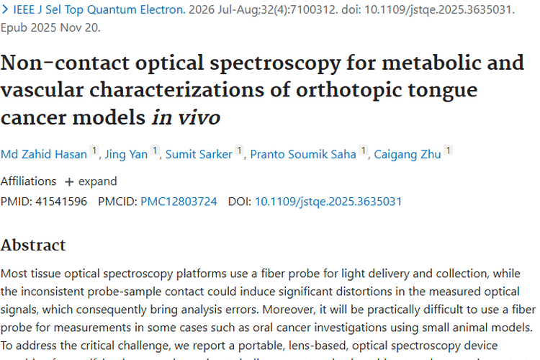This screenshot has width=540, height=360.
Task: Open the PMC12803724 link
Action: pyautogui.click(x=179, y=202)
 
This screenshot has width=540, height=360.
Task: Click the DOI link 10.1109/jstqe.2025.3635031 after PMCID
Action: pyautogui.click(x=328, y=202)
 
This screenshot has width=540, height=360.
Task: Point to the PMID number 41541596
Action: pyautogui.click(x=60, y=202)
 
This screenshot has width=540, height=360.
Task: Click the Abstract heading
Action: pyautogui.click(x=33, y=245)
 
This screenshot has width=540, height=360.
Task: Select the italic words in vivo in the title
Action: pyautogui.click(x=186, y=117)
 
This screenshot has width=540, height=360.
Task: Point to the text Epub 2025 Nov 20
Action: pyautogui.click(x=50, y=27)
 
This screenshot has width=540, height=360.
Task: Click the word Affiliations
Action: pyautogui.click(x=28, y=181)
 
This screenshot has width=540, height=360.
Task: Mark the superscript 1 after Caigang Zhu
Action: pyautogui.click(x=449, y=150)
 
